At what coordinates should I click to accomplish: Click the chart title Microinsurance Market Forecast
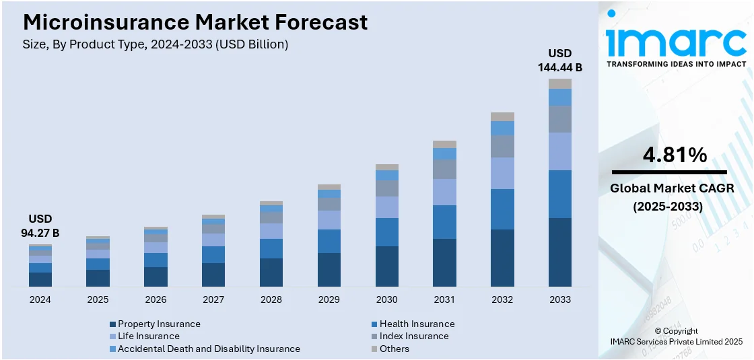click(x=195, y=22)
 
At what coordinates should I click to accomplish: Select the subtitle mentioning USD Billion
click(x=156, y=44)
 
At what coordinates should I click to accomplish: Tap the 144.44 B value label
click(x=559, y=67)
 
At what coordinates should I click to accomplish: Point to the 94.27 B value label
click(x=40, y=233)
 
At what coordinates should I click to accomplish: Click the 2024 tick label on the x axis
click(x=40, y=299)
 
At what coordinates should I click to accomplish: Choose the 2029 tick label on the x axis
click(x=329, y=299)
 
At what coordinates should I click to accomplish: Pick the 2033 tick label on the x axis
click(x=560, y=299)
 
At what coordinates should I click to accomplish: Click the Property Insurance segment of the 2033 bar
click(x=560, y=252)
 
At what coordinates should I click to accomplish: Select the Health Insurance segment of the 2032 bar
click(x=502, y=209)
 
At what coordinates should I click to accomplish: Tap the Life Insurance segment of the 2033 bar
click(x=560, y=151)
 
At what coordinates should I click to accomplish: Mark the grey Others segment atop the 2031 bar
click(x=444, y=144)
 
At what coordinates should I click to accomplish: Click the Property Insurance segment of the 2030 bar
click(x=386, y=266)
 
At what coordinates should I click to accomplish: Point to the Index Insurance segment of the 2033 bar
click(x=560, y=119)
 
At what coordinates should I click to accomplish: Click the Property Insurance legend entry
click(x=159, y=324)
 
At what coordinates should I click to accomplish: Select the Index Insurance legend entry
click(x=413, y=336)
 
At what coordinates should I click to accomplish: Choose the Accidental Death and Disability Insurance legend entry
click(x=209, y=349)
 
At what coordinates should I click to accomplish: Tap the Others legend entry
click(x=394, y=349)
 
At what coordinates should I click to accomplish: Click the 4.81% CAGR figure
click(x=675, y=155)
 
